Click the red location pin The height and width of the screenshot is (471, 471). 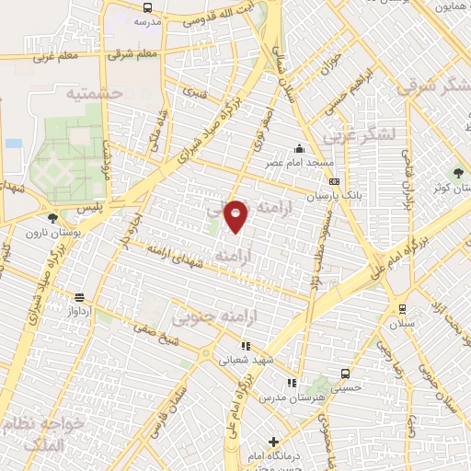pyautogui.click(x=237, y=215)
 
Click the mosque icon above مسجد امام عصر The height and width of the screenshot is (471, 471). pyautogui.click(x=297, y=149)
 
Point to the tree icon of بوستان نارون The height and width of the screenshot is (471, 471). pyautogui.click(x=52, y=218)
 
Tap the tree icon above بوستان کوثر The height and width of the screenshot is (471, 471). pyautogui.click(x=457, y=172)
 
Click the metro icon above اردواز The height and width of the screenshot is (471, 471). pyautogui.click(x=80, y=297)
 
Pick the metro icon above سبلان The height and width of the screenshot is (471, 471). pyautogui.click(x=402, y=308)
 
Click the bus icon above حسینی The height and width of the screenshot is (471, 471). pyautogui.click(x=345, y=374)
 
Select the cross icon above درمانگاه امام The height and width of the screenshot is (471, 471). pyautogui.click(x=272, y=442)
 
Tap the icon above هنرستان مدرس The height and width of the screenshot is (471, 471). pyautogui.click(x=291, y=383)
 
